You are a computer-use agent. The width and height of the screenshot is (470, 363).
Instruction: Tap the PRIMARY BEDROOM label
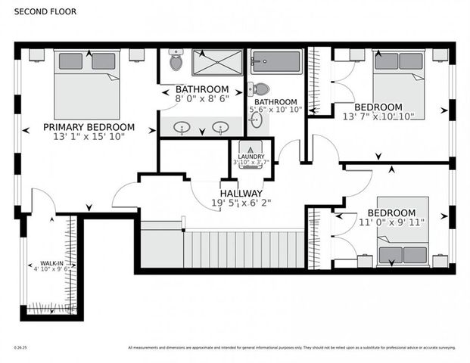click(x=89, y=127)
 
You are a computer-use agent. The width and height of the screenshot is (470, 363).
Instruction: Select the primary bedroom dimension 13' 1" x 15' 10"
click(x=89, y=137)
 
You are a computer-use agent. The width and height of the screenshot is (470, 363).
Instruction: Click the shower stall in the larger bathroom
click(x=216, y=63)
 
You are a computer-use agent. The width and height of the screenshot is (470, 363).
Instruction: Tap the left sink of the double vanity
click(x=182, y=127)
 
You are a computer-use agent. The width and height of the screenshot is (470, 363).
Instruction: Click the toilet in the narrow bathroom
click(x=260, y=88)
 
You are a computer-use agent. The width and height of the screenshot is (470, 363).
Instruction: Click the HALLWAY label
click(x=241, y=193)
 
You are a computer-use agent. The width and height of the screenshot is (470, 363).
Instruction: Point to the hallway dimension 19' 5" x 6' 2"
click(x=241, y=203)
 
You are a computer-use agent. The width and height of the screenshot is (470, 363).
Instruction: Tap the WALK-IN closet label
click(x=51, y=265)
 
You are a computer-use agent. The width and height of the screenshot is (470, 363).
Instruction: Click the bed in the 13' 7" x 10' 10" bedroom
click(x=398, y=83)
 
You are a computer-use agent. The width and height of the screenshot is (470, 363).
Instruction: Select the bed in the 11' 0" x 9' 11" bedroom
click(x=403, y=230)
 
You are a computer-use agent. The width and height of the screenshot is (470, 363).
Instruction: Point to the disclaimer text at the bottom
click(x=291, y=348)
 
